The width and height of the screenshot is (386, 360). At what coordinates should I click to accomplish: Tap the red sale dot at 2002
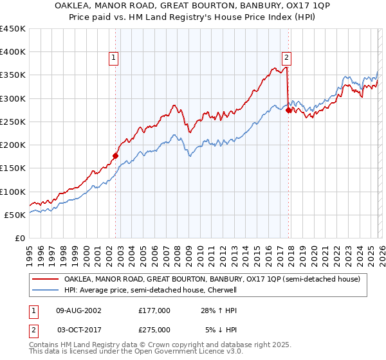pyautogui.click(x=115, y=155)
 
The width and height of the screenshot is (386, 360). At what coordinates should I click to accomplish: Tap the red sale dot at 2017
pyautogui.click(x=288, y=110)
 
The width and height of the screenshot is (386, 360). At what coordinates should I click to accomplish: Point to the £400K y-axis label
pyautogui.click(x=14, y=52)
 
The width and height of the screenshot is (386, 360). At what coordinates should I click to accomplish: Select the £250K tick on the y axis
pyautogui.click(x=14, y=122)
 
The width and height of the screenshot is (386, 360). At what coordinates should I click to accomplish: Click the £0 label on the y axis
pyautogui.click(x=21, y=238)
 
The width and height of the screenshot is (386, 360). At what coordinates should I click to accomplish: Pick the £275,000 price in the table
pyautogui.click(x=154, y=330)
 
